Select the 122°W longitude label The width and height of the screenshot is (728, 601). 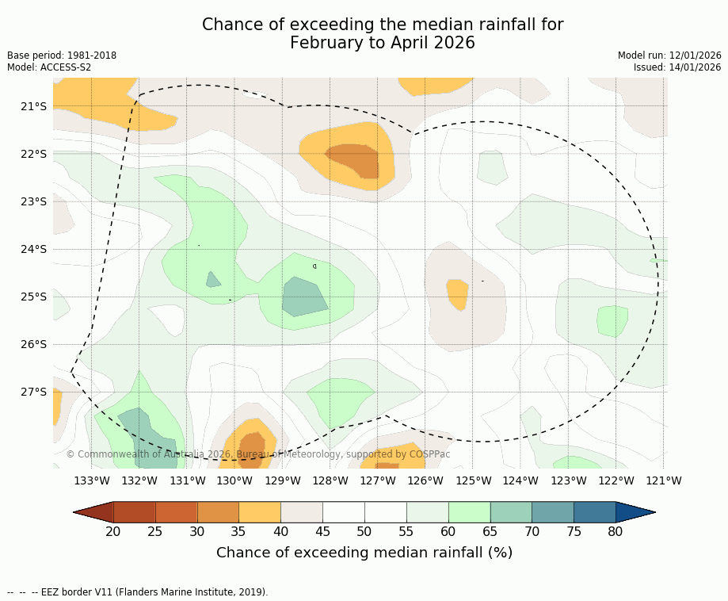616,480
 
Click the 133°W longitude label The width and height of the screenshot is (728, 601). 92,480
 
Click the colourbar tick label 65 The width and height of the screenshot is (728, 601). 490,531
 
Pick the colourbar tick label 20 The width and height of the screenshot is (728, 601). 113,531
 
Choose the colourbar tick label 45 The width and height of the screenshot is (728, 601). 322,531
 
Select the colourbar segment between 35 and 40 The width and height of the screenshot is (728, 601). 260,512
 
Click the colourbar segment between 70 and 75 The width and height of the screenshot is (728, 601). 552,512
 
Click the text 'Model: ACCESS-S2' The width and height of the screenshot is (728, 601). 49,67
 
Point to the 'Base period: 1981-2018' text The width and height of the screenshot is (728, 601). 62,56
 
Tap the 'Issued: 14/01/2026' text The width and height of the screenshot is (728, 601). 677,67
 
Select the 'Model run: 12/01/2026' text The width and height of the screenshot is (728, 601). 669,56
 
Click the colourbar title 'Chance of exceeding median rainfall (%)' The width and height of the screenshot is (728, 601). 364,553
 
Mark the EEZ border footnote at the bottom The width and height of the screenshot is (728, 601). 137,592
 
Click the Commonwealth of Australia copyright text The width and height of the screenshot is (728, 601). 258,454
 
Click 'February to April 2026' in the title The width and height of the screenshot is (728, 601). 383,43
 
